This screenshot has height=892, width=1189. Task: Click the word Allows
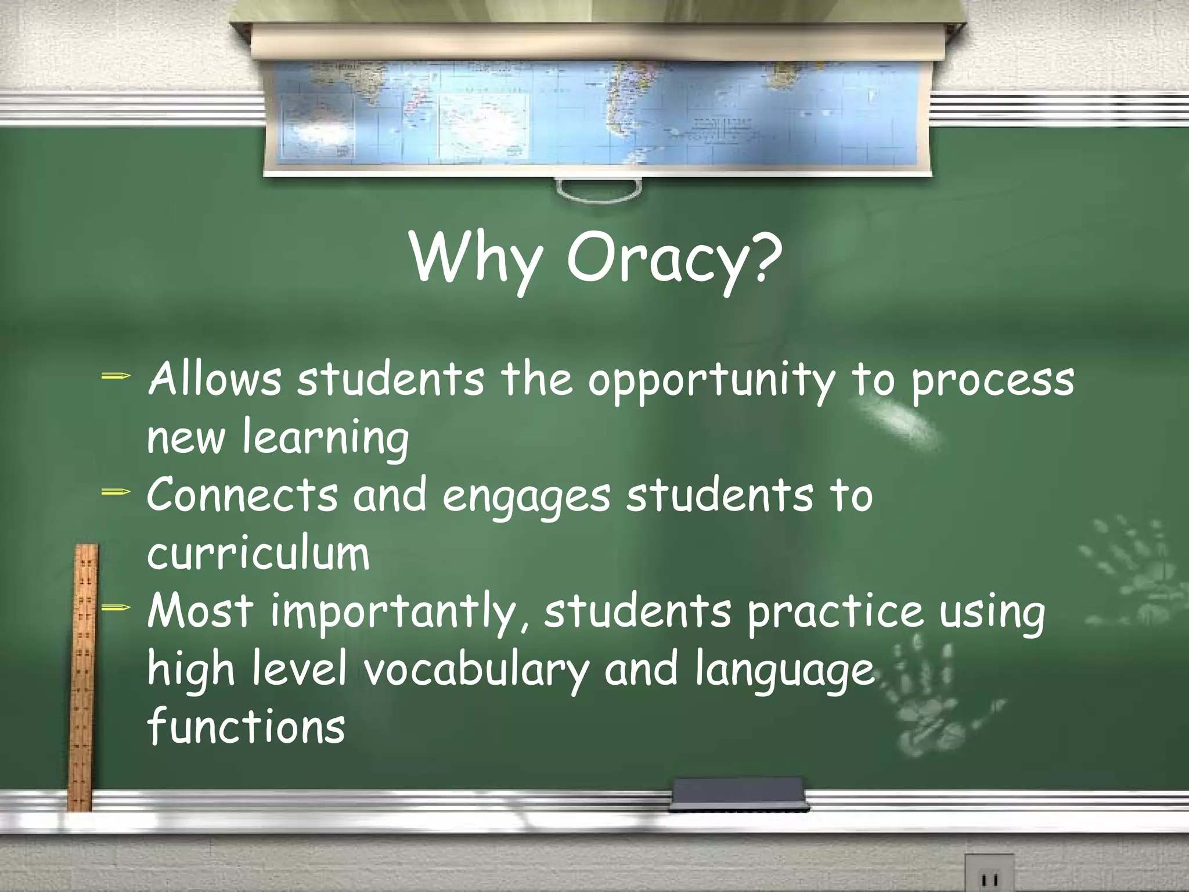214,379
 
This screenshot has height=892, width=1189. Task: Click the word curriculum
258,553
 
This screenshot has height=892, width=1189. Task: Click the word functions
246,726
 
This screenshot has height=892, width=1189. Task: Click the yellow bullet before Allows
116,376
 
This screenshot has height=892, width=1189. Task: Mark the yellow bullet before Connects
116,492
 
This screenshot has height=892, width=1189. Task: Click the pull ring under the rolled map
599,190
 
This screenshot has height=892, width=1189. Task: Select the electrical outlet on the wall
989,874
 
